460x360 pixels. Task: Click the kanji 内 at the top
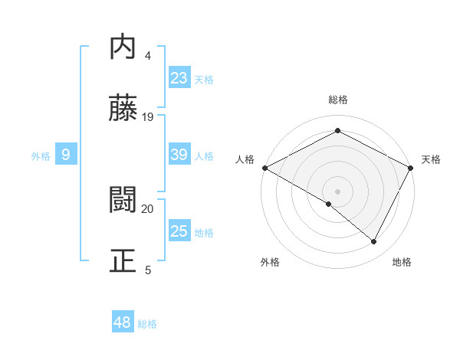123,48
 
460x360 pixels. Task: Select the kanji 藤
123,109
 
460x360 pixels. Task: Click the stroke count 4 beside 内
148,56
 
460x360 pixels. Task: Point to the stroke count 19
148,116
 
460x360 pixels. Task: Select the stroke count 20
148,208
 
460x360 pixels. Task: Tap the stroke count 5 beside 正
148,270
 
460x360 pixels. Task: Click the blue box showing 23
179,78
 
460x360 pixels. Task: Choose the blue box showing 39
179,155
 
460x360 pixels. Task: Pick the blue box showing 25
179,231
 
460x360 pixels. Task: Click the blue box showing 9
66,155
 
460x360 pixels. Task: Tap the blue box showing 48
123,322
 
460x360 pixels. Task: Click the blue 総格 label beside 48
147,324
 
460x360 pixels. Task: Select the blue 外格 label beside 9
41,156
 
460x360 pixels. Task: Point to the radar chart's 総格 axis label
337,100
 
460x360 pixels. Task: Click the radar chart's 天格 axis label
431,159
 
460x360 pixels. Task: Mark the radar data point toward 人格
264,167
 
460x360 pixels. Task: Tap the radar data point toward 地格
374,242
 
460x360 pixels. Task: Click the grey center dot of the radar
337,191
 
